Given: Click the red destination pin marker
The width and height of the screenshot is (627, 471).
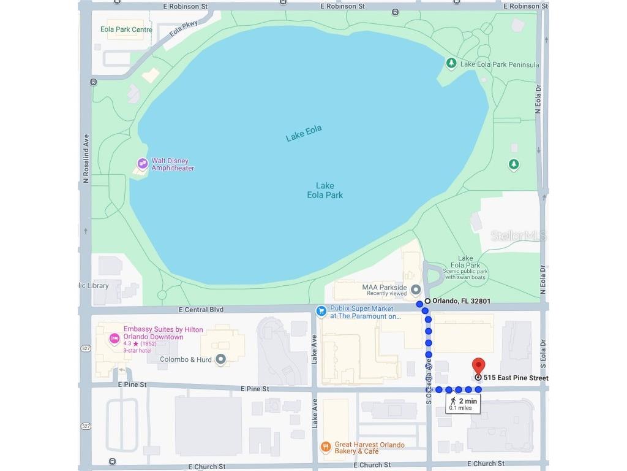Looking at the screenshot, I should pyautogui.click(x=478, y=366).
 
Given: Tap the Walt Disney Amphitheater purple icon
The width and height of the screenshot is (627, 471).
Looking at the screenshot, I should pyautogui.click(x=143, y=163).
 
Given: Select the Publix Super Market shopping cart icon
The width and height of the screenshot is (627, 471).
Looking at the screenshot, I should pyautogui.click(x=321, y=311).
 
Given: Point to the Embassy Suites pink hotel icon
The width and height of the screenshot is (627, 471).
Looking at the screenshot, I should pyautogui.click(x=113, y=338).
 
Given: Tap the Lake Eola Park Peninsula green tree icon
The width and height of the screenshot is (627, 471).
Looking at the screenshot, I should pyautogui.click(x=451, y=64).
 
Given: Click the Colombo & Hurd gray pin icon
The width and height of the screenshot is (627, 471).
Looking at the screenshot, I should pyautogui.click(x=221, y=359).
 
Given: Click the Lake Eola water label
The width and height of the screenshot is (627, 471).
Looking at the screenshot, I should pyautogui.click(x=304, y=133).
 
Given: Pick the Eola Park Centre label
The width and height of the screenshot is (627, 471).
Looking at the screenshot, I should pyautogui.click(x=126, y=29).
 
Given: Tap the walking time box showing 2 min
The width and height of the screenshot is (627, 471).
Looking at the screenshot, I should pyautogui.click(x=462, y=404).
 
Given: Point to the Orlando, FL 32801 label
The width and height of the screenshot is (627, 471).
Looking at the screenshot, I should pyautogui.click(x=461, y=301).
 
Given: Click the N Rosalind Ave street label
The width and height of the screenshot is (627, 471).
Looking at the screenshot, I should pyautogui.click(x=86, y=159).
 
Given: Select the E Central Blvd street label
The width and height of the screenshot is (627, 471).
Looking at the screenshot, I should pyautogui.click(x=201, y=310).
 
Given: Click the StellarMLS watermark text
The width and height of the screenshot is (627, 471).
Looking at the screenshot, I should pyautogui.click(x=518, y=235).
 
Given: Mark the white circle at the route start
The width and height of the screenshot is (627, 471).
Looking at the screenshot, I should pyautogui.click(x=427, y=301).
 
